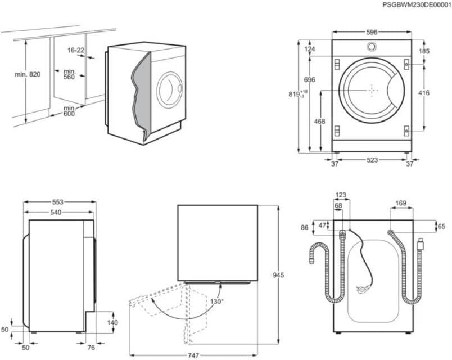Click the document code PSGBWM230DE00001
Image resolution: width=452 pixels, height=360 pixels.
[417, 5]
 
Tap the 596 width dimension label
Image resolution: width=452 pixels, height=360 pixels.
[372, 32]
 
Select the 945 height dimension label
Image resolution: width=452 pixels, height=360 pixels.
[278, 275]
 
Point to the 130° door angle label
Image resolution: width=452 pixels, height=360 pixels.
[217, 301]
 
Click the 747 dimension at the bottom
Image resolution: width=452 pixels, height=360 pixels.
[193, 355]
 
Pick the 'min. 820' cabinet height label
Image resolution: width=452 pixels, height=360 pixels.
[28, 74]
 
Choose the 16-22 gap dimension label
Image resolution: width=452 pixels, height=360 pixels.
[76, 50]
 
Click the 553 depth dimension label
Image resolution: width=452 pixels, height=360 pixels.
[58, 202]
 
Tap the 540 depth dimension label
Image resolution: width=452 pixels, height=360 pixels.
[56, 212]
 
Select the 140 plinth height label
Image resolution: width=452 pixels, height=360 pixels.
[112, 322]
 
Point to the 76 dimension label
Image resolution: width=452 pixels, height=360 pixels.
[91, 348]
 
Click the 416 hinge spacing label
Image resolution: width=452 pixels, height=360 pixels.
[423, 93]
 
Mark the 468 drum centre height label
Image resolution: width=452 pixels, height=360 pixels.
[319, 121]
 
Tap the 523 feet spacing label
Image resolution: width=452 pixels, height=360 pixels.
[372, 160]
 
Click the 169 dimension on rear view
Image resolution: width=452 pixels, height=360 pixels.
[401, 204]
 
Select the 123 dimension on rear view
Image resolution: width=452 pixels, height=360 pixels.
[341, 195]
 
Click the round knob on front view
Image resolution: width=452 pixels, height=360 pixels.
[372, 46]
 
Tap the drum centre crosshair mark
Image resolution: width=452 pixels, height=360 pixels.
[372, 91]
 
